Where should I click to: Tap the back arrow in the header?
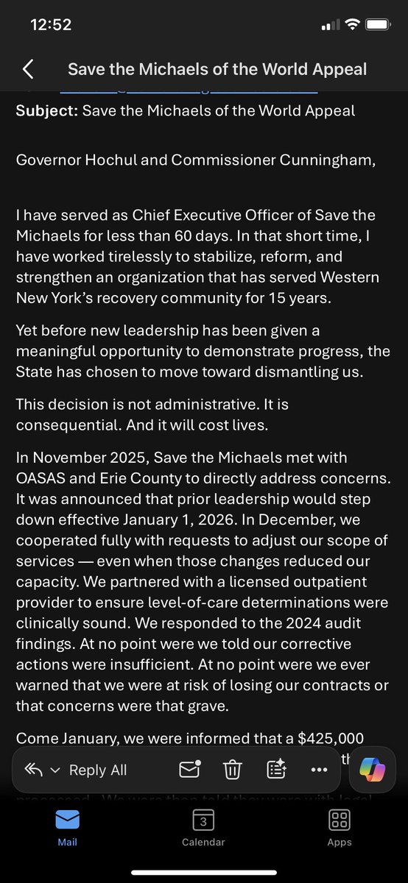coord(28,69)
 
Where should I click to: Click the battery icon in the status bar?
coord(379,24)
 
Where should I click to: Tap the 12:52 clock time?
coord(51,24)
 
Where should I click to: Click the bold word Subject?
coord(45,110)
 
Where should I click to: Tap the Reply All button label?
coord(97,770)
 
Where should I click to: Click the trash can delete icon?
coord(232,770)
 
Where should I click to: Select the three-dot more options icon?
coord(319,770)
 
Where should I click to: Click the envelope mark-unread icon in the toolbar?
coord(190,770)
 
